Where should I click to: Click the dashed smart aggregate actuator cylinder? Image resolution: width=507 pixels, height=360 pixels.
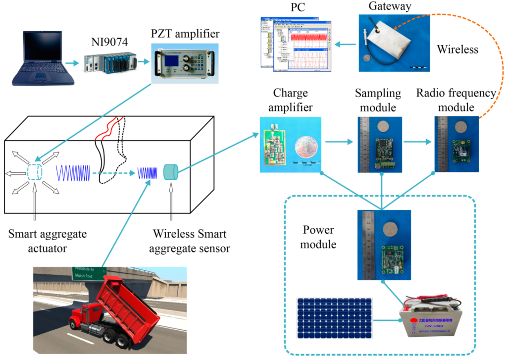35,171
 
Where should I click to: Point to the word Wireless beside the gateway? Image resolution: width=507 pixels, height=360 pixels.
458,49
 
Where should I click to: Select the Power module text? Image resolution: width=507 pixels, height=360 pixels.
318,237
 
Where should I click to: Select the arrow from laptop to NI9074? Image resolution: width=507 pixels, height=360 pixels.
73,63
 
